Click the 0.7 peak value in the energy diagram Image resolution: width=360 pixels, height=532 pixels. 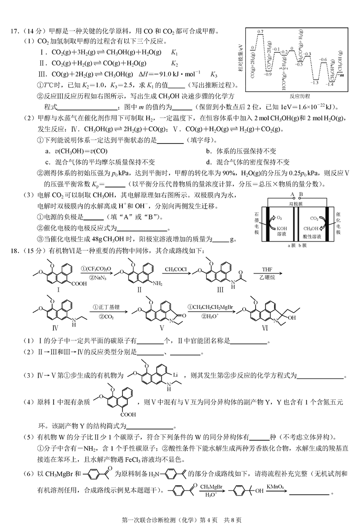point(260,31)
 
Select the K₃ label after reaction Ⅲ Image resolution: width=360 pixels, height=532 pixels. point(214,74)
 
